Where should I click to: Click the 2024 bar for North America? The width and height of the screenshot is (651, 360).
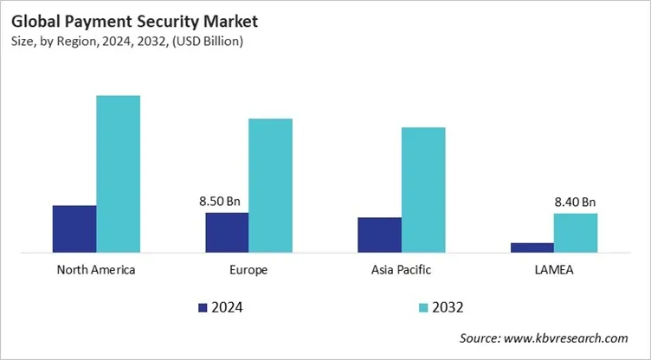[x=74, y=229]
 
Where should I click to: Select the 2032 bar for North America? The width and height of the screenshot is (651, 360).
[x=118, y=174]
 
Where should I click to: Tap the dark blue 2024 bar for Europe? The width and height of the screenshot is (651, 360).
[x=227, y=233]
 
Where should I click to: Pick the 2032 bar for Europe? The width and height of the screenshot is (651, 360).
[x=270, y=185]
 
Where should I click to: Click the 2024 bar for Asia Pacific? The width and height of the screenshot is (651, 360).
[x=379, y=235]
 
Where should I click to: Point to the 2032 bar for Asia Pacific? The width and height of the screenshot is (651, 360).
[x=423, y=190]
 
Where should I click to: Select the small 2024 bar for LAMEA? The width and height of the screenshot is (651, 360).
[x=532, y=247]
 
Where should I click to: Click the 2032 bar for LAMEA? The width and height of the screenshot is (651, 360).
[x=576, y=233]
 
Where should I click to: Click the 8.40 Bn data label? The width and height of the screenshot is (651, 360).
[x=576, y=202]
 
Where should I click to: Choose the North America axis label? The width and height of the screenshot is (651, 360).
[x=96, y=270]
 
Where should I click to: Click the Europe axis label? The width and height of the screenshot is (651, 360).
[x=249, y=270]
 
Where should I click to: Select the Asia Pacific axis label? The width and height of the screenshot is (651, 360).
[x=402, y=270]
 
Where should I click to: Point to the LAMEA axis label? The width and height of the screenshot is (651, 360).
[x=554, y=270]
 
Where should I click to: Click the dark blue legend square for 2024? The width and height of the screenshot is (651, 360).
[x=203, y=307]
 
